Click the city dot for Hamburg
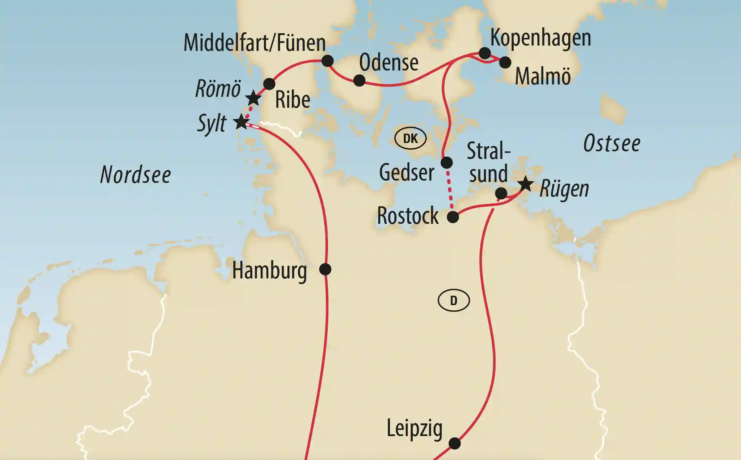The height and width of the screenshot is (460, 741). (x=325, y=269)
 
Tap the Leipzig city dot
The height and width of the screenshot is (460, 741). (x=455, y=443)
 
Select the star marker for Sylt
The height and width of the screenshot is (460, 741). (x=241, y=122)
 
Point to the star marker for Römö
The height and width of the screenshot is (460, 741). (x=253, y=98)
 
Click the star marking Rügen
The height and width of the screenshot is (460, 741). (x=526, y=184)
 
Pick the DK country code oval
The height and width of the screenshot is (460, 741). (x=410, y=138)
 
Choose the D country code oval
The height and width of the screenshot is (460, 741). (x=454, y=301)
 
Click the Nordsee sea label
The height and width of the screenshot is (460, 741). (x=136, y=175)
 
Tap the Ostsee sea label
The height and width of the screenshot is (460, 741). (x=612, y=143)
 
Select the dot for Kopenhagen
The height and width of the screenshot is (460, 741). (x=485, y=53)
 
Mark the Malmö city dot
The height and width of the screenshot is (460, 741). (x=505, y=62)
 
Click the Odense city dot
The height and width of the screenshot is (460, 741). (x=359, y=80)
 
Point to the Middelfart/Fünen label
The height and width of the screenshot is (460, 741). (x=254, y=43)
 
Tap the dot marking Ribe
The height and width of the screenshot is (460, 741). (x=269, y=84)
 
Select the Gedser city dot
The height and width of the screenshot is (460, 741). (x=447, y=163)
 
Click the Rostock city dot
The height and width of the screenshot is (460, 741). (x=453, y=217)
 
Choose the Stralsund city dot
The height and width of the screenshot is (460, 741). (x=501, y=193)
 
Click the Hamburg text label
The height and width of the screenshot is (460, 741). (x=269, y=270)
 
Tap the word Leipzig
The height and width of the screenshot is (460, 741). (x=415, y=428)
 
